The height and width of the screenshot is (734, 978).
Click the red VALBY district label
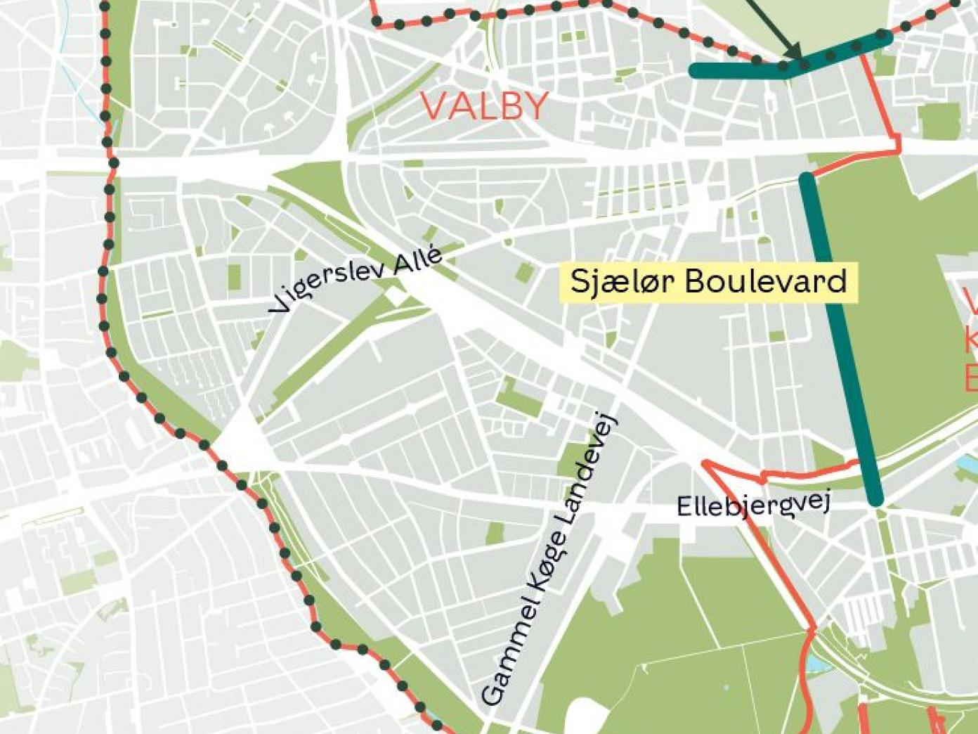485,106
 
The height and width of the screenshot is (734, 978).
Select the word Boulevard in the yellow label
765,281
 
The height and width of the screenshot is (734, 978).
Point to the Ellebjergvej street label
753,504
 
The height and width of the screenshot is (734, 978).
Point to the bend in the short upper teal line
787,70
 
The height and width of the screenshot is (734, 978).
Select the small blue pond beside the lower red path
814,662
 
